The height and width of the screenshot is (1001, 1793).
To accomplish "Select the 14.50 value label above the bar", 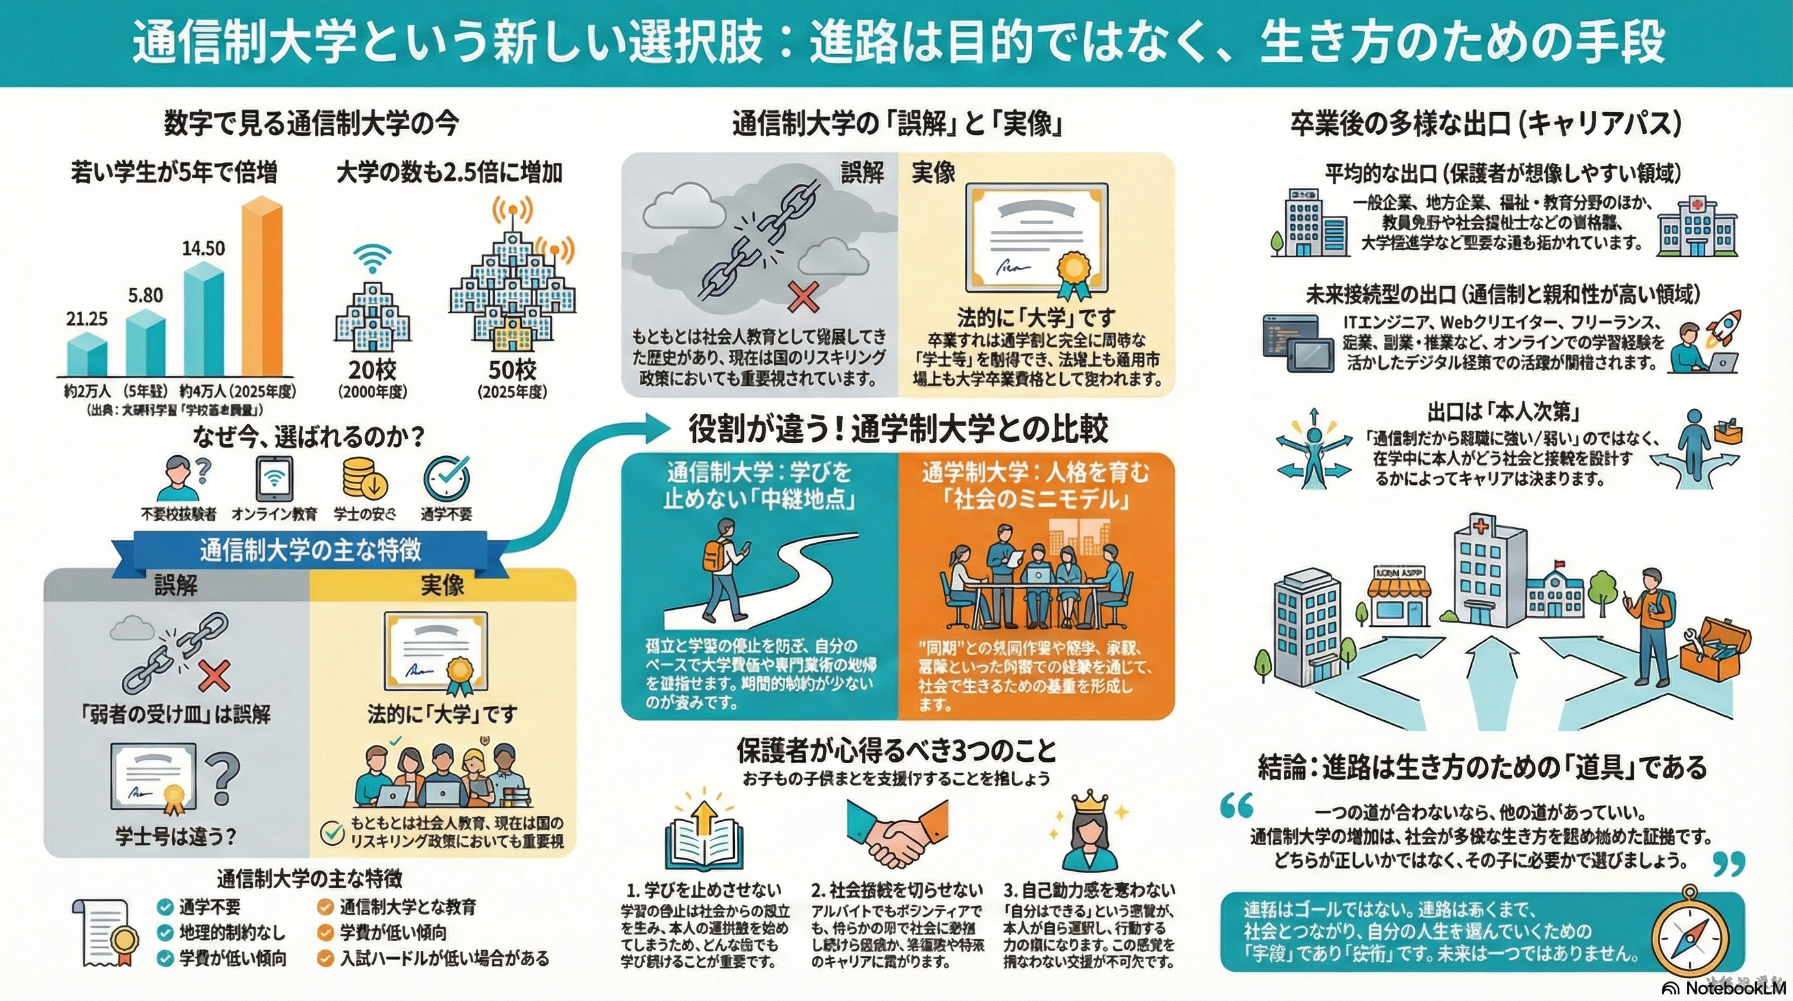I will click(203, 248).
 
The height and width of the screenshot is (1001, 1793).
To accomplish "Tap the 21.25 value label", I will click(87, 319).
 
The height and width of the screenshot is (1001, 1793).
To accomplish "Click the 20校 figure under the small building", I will click(373, 370).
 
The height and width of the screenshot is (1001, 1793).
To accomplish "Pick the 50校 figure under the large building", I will click(512, 370).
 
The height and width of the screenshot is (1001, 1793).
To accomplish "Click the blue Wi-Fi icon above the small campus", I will click(373, 258).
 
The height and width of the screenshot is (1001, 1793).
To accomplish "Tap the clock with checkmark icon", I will click(446, 479).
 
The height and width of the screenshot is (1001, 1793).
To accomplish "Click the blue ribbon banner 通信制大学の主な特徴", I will click(310, 550).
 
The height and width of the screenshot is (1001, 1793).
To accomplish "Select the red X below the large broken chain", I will click(803, 297).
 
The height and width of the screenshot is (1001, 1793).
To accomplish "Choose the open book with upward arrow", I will click(704, 837).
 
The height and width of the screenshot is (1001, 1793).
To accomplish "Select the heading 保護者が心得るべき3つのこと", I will click(896, 750).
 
